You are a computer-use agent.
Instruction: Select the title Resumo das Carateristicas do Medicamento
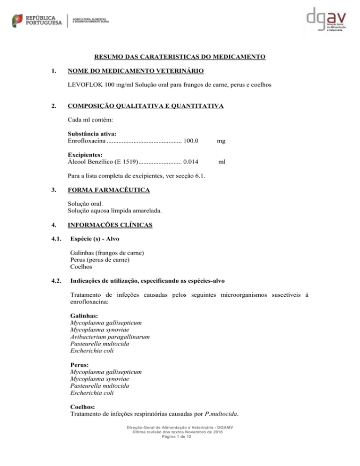pyautogui.click(x=180, y=57)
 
